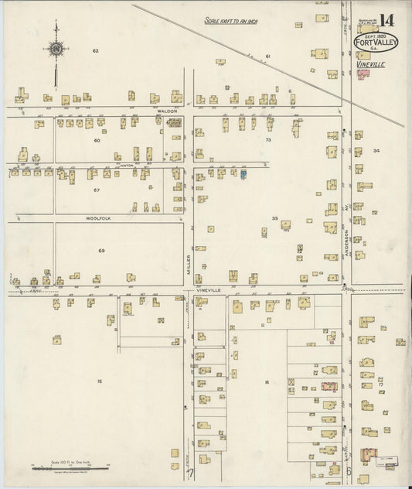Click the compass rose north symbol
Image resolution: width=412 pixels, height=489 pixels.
tap(57, 50)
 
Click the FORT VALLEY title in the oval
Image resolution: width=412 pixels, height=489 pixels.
tap(376, 42)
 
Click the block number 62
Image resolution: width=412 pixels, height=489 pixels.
tap(96, 51)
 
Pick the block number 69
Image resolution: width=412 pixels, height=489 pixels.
tap(100, 251)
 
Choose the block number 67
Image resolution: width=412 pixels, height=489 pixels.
tap(97, 190)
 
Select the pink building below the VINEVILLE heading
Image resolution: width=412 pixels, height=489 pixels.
tap(362, 76)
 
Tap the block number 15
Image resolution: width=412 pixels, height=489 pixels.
tap(99, 382)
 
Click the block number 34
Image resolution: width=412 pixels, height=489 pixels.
tap(376, 151)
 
